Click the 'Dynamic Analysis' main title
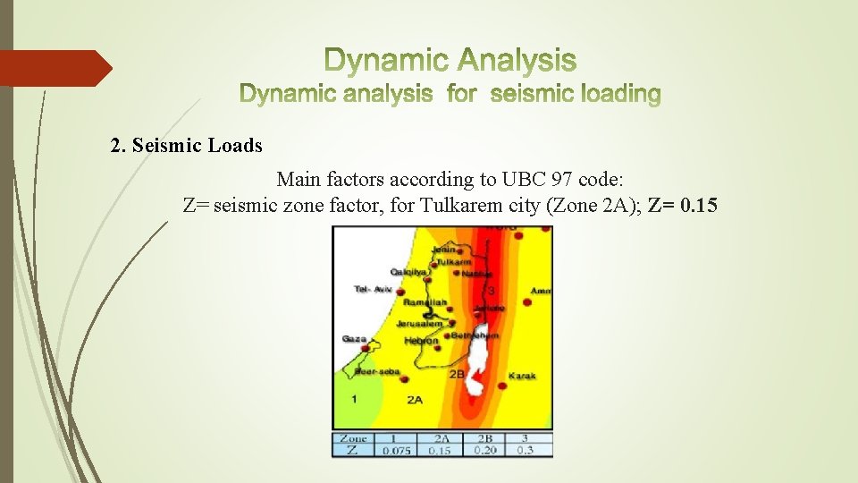tap(450, 61)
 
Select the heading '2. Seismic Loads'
tap(187, 145)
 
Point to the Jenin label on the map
tap(442, 250)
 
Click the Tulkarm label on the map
tap(453, 262)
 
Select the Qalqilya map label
tap(408, 272)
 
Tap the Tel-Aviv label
tap(373, 289)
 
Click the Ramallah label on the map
tap(425, 303)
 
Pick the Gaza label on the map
tap(353, 339)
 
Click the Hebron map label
tap(421, 341)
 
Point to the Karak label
tap(522, 377)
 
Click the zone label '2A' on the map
tap(415, 400)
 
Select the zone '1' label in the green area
tap(354, 398)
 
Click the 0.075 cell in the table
tap(396, 451)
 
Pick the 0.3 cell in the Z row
tap(526, 451)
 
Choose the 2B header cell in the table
tap(484, 439)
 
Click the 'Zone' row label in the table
tap(353, 439)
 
